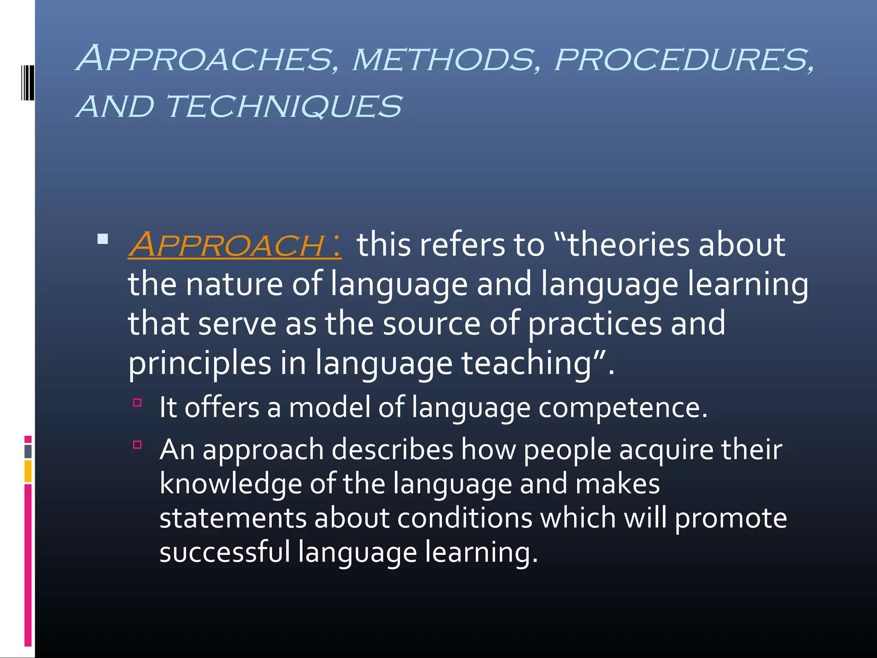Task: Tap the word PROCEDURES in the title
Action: (x=683, y=60)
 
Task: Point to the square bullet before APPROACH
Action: (x=103, y=239)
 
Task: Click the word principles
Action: (x=200, y=363)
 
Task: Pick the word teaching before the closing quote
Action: (x=526, y=363)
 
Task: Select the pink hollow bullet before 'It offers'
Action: (x=137, y=402)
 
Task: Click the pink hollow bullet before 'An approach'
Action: (x=137, y=445)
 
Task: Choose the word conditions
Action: (x=464, y=518)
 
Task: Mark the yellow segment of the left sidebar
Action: (x=28, y=471)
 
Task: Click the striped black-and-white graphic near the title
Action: (x=27, y=82)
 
